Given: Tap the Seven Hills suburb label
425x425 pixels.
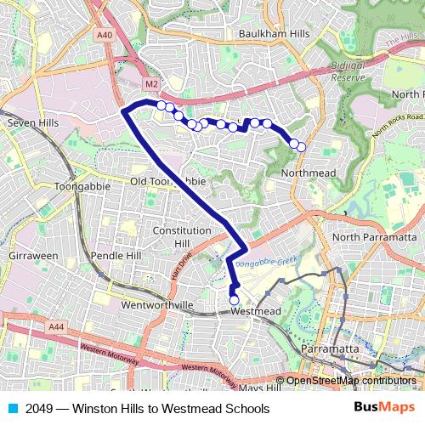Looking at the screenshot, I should point(32,123).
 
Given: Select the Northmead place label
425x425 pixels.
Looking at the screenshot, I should point(308,173).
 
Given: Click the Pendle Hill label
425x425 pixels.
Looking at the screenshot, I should point(116,255).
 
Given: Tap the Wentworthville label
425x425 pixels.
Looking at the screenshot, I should point(159,304).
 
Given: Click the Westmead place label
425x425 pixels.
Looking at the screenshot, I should point(256,312).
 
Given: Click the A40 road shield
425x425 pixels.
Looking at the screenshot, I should point(105,35).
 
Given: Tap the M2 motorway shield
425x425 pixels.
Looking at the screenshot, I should point(151,84).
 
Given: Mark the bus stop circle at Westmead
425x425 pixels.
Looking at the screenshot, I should point(234,300).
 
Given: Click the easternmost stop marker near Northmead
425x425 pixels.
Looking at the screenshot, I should point(301,147).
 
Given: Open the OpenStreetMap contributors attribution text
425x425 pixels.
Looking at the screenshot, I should point(350,381).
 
